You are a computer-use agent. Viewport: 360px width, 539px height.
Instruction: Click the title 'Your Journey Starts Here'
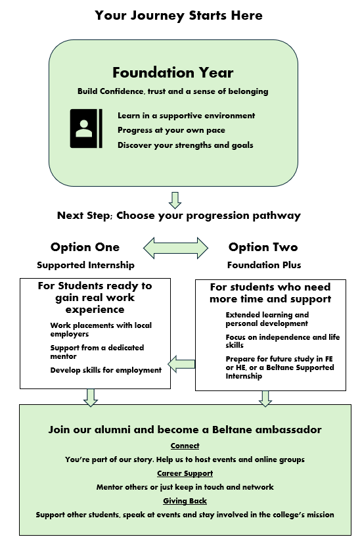click(179, 16)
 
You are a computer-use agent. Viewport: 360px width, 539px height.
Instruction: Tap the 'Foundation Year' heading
click(173, 72)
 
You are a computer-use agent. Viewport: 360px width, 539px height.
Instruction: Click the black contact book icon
click(86, 129)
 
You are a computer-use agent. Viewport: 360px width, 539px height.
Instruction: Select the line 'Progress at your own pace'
click(171, 130)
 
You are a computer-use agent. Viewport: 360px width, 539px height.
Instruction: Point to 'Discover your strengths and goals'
click(185, 145)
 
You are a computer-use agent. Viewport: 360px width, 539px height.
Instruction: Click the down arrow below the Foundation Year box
click(175, 200)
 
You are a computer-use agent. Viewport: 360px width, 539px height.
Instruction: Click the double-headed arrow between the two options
click(175, 248)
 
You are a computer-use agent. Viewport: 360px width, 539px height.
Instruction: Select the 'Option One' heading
click(85, 246)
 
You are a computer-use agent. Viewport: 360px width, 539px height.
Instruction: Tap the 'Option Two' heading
click(263, 246)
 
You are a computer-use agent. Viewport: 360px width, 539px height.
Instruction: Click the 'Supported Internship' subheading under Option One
click(85, 265)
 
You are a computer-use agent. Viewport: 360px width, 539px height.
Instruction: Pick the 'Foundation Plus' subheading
click(264, 265)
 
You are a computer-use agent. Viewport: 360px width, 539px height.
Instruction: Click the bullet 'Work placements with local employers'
click(101, 330)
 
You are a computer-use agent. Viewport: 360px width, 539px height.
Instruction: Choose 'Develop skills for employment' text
click(106, 370)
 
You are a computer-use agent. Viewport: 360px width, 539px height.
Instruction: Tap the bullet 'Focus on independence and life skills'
click(282, 341)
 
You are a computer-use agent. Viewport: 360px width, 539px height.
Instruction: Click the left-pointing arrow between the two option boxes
click(181, 364)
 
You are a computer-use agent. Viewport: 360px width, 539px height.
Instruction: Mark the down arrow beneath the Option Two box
click(265, 399)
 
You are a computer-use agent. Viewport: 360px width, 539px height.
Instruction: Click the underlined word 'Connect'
click(185, 446)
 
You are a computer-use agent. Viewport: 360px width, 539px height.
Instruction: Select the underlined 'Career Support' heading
click(185, 474)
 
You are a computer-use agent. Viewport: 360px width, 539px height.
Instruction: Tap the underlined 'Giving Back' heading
click(185, 501)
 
